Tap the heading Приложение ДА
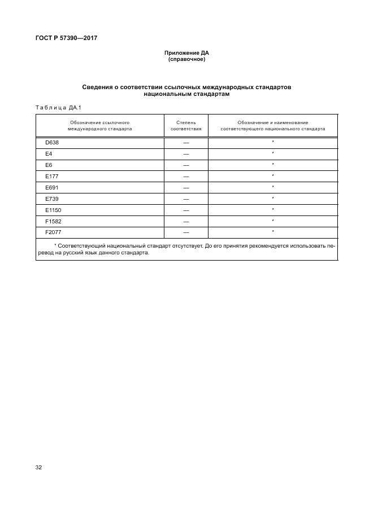click(x=186, y=53)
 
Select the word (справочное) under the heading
click(x=186, y=59)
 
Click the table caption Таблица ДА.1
click(x=59, y=107)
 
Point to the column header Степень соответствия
click(x=186, y=125)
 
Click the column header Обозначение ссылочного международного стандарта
click(x=100, y=125)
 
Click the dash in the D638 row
click(x=186, y=143)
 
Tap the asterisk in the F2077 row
click(x=273, y=232)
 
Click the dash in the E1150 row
click(x=186, y=210)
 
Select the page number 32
click(x=39, y=468)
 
